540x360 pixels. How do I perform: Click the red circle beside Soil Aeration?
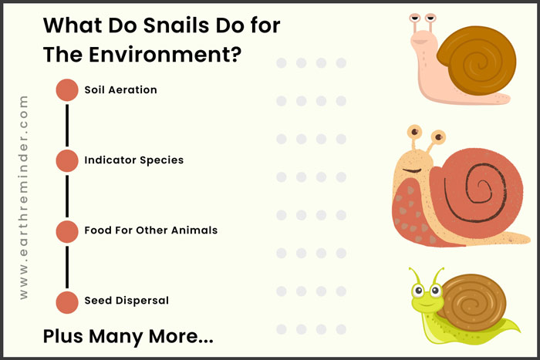67,90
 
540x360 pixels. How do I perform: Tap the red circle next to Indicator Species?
67,160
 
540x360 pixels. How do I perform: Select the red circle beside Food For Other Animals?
67,231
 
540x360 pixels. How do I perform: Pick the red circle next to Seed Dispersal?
67,302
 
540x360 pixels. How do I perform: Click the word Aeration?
133,90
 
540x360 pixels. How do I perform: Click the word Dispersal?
142,301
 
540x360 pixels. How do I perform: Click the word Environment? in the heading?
165,55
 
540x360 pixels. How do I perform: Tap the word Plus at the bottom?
62,336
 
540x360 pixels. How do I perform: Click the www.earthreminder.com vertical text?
23,197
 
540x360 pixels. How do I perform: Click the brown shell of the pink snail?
478,61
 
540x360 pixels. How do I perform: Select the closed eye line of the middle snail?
413,170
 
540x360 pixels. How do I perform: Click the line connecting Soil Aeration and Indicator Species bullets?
67,126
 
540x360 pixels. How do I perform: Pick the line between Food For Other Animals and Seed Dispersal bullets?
67,267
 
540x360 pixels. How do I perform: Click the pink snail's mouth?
420,42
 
